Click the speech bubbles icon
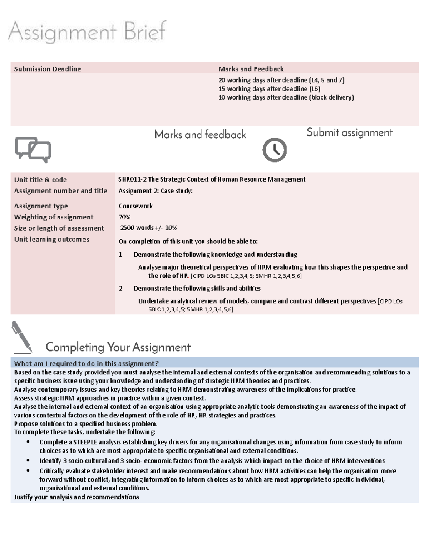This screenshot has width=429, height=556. pos(33,150)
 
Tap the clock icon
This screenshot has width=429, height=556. pos(275,150)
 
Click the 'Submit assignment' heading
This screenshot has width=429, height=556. pos(349,133)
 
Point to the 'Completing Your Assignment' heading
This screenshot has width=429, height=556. pos(118,347)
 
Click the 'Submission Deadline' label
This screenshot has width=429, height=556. pos(47,69)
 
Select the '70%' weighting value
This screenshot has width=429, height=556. pos(124,217)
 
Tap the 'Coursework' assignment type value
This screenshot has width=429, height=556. pos(135,206)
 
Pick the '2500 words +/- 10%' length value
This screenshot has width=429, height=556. pos(148,228)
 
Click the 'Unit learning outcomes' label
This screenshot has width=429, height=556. pos(51,239)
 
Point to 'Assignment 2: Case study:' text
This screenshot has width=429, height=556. pos(156,191)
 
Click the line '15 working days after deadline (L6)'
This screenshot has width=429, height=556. pos(269,89)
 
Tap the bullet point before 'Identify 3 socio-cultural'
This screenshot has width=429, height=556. pos(28,460)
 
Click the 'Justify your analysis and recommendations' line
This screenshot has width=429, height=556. pos(77,497)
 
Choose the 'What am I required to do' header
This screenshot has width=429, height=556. pos(86,363)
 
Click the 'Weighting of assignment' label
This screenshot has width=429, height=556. pos(54,217)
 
